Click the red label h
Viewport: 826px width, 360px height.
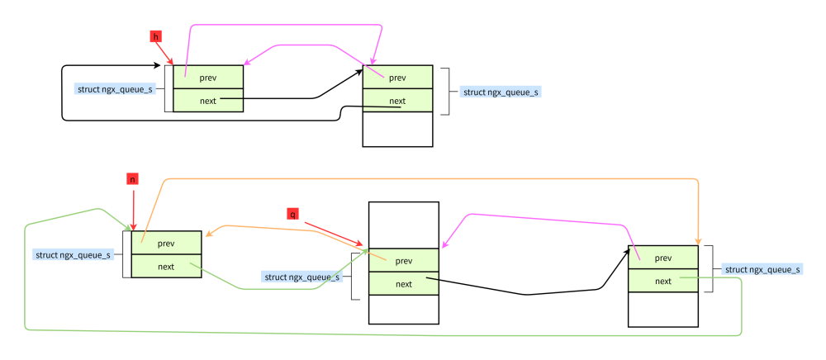(156, 36)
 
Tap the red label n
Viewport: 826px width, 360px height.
(132, 178)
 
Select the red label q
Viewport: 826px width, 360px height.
(292, 214)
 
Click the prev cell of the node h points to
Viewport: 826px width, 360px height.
(208, 77)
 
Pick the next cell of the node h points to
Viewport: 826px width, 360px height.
(208, 100)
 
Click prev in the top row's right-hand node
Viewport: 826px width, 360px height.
(397, 78)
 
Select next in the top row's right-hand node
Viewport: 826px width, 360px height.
(397, 101)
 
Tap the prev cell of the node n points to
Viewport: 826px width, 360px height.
(166, 243)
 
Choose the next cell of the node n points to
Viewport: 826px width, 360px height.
(166, 266)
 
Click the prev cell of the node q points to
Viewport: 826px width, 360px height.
(403, 261)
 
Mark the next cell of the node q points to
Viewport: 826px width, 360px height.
(403, 284)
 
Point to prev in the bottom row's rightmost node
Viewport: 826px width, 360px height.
(662, 258)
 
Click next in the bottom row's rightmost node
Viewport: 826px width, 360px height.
(662, 281)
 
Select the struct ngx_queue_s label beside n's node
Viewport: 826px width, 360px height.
(74, 254)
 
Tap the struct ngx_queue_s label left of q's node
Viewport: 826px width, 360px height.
(301, 277)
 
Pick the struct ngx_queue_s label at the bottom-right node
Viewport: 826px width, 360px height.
(762, 269)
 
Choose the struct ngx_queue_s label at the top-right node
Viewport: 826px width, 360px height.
(501, 92)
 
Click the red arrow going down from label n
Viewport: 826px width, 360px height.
(132, 206)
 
